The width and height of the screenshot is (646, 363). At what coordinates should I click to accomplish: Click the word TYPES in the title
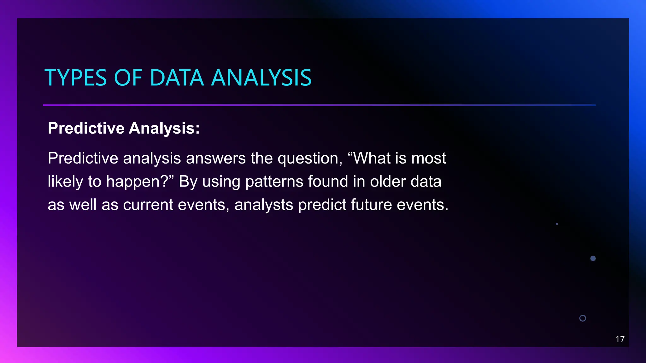tap(76, 78)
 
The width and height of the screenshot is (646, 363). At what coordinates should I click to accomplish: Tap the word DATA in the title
tap(177, 78)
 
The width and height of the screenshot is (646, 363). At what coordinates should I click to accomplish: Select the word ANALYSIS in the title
tap(261, 78)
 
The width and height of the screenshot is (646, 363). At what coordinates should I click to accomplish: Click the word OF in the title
tap(128, 78)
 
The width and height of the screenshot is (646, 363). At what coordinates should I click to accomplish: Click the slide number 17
tap(620, 339)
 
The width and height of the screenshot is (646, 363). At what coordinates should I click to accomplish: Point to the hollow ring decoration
tap(583, 318)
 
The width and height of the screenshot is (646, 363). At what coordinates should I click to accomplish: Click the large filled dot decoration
tap(593, 258)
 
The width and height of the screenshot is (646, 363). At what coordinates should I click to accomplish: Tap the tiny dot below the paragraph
tap(557, 224)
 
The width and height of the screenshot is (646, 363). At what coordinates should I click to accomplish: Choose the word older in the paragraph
tap(388, 182)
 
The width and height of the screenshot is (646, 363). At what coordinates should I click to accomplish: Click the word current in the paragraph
tap(148, 205)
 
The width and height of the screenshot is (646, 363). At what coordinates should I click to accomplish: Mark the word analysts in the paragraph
tap(264, 205)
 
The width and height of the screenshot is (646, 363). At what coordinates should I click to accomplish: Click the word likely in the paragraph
tap(65, 182)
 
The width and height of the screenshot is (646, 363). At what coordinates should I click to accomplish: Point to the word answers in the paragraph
tap(216, 158)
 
